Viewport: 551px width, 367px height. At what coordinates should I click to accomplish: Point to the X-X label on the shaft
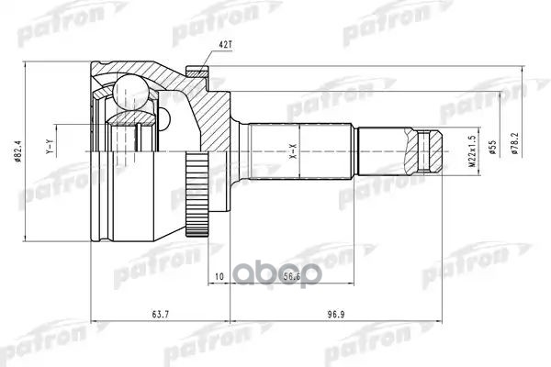coord(295,150)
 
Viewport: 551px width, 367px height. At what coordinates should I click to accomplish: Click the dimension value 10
coord(218,275)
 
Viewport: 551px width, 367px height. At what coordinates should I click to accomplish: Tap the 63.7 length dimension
coord(162,313)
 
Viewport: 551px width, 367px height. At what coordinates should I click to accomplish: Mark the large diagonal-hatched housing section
coord(207,119)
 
